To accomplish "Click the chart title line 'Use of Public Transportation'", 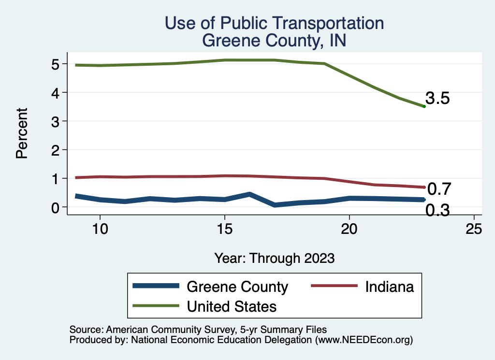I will [x=274, y=23].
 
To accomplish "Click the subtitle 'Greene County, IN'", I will [x=274, y=41].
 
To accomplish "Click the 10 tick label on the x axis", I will [x=100, y=229].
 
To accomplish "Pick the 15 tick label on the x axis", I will [x=224, y=229].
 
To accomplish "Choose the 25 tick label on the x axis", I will [x=474, y=229].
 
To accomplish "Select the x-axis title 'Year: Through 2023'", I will [x=275, y=258].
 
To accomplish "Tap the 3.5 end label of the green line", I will [x=438, y=99].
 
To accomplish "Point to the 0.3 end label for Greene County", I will [x=438, y=211].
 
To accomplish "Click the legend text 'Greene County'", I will [x=237, y=287].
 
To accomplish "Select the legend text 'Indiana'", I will [x=389, y=287].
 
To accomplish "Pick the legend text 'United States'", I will [x=232, y=306].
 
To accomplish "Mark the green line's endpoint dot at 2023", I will [x=424, y=106].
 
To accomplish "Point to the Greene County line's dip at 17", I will [x=275, y=205].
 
